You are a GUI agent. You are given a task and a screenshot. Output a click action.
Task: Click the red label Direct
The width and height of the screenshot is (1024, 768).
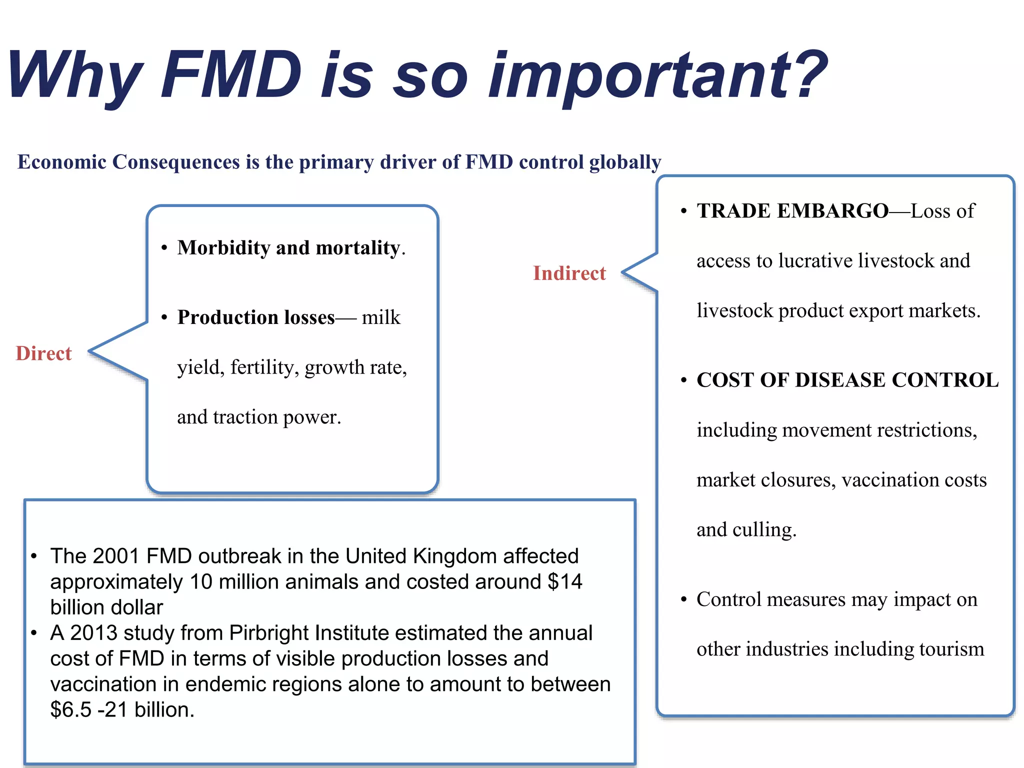44,353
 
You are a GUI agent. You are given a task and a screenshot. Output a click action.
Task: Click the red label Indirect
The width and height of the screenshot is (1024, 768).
569,273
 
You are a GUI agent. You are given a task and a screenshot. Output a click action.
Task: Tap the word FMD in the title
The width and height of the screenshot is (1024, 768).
231,74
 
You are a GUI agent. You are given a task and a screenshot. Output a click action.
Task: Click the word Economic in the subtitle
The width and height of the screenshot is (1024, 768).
62,162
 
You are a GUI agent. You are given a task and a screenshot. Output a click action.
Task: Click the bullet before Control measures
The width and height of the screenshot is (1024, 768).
683,599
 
